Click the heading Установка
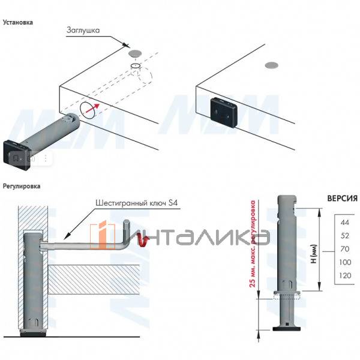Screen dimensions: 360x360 pos(17,22)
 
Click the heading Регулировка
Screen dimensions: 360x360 pos(22,186)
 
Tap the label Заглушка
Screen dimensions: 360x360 pos(83,30)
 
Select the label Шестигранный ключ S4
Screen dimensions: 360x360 pos(136,203)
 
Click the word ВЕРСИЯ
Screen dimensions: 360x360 pos(343,198)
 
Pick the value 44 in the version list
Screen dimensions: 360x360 pos(344,222)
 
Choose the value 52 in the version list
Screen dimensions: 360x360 pos(344,236)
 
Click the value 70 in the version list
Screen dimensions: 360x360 pos(344,248)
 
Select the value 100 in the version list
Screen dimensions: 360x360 pos(345,262)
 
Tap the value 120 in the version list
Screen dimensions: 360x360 pos(345,275)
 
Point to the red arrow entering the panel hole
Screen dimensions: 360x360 pos(92,109)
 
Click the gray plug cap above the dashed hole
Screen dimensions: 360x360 pos(136,53)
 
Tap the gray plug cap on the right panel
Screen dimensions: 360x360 pos(272,65)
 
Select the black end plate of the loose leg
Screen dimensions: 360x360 pos(17,155)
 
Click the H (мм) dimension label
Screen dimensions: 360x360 pos(314,254)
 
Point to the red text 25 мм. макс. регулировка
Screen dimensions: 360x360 pos(253,244)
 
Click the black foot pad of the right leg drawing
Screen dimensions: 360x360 pos(287,329)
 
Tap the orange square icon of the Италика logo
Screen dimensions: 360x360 pos(103,236)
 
